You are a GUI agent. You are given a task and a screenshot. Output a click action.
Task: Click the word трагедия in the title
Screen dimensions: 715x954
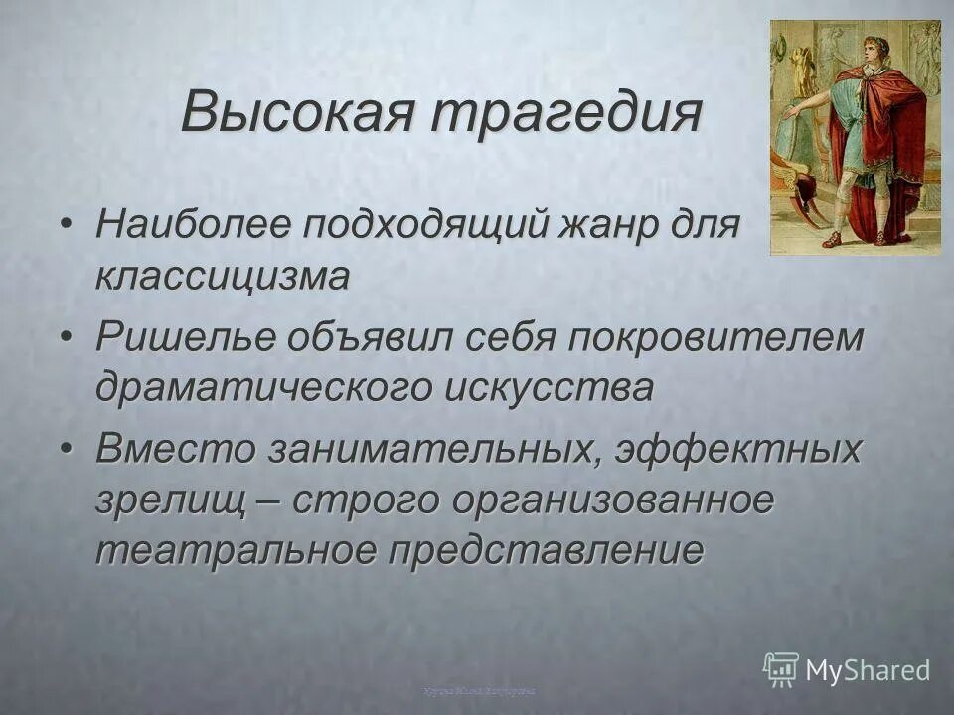coord(565,112)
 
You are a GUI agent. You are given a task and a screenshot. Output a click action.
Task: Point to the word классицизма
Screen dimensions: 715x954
coord(223,278)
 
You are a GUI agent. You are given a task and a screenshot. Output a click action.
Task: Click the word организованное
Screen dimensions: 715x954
coord(612,500)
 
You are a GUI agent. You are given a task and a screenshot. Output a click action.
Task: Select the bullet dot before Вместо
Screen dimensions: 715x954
coord(66,449)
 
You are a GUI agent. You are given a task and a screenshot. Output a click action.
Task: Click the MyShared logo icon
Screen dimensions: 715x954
coord(780,669)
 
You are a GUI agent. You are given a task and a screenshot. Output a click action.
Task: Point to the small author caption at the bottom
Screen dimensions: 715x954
coord(478,689)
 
